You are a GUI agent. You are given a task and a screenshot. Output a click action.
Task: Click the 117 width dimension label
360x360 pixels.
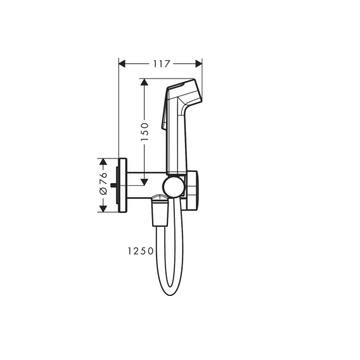click(x=162, y=63)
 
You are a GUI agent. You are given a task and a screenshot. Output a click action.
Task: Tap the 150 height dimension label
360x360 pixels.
click(x=145, y=132)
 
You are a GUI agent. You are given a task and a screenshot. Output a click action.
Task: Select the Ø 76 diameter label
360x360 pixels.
click(x=103, y=183)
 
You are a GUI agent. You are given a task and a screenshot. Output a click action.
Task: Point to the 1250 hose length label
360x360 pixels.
click(x=141, y=251)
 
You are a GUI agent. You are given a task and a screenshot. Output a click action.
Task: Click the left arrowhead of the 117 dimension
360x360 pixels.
click(x=122, y=63)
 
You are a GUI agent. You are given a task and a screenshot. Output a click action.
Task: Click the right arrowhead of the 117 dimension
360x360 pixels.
click(x=198, y=63)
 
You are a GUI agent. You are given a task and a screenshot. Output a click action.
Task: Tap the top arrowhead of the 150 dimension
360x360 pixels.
click(x=144, y=82)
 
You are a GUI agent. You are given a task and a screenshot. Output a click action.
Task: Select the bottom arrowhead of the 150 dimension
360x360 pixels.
click(x=144, y=182)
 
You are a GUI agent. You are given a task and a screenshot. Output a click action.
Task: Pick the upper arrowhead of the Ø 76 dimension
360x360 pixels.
click(x=103, y=162)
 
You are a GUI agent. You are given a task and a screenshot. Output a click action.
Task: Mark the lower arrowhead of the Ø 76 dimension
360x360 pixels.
click(x=103, y=209)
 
